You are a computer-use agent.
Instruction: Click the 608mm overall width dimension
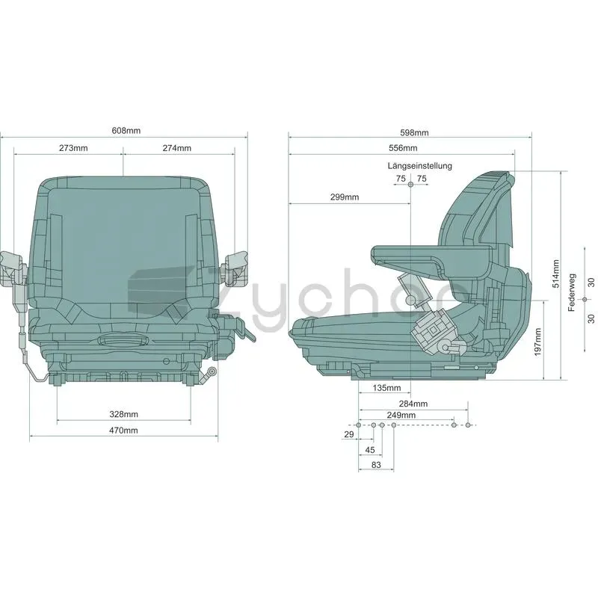pos(126,131)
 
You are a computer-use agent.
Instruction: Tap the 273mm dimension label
pos(73,148)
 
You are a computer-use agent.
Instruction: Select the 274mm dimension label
pos(177,148)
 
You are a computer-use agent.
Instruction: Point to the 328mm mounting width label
pos(123,414)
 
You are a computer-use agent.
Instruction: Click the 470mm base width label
pos(123,431)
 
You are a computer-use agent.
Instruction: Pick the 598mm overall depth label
pos(414,133)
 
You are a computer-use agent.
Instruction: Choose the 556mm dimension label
pos(403,148)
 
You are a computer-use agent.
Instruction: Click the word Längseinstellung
pos(420,166)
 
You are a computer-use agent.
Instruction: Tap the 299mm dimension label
pos(345,197)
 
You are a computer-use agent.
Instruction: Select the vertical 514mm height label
pos(556,274)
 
